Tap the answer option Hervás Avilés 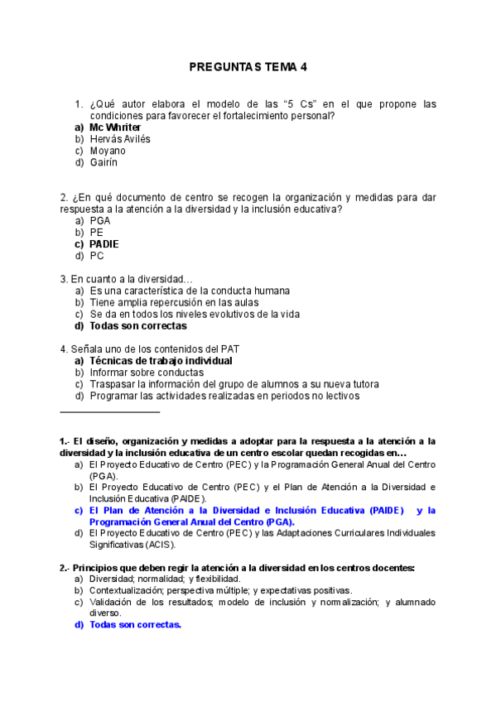pyautogui.click(x=120, y=139)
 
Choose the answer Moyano pyautogui.click(x=108, y=151)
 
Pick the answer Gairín pyautogui.click(x=104, y=162)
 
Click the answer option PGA pyautogui.click(x=100, y=221)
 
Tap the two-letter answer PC pyautogui.click(x=97, y=256)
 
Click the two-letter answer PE pyautogui.click(x=97, y=233)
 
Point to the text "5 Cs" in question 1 pyautogui.click(x=297, y=104)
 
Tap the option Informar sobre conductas pyautogui.click(x=147, y=373)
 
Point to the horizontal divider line pyautogui.click(x=109, y=411)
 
